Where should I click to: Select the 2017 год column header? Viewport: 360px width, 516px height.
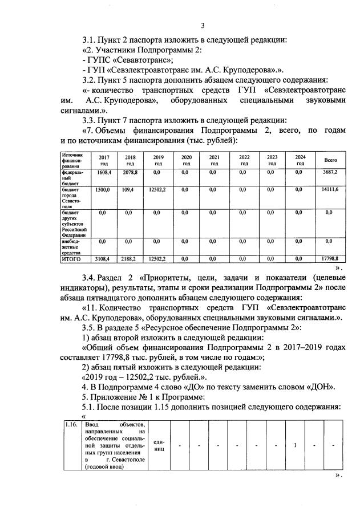(x=104, y=160)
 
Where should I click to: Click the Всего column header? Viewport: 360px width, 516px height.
(x=330, y=160)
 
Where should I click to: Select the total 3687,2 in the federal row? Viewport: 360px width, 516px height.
(x=331, y=172)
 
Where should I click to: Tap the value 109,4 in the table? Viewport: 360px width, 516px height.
(x=128, y=189)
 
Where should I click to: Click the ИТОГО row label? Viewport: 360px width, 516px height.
(x=72, y=258)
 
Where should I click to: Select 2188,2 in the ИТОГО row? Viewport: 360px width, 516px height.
(x=130, y=258)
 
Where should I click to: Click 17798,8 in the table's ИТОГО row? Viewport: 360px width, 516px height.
(x=331, y=258)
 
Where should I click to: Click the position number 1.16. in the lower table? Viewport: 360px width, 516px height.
(x=71, y=425)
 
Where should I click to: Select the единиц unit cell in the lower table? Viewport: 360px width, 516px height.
(x=159, y=445)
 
